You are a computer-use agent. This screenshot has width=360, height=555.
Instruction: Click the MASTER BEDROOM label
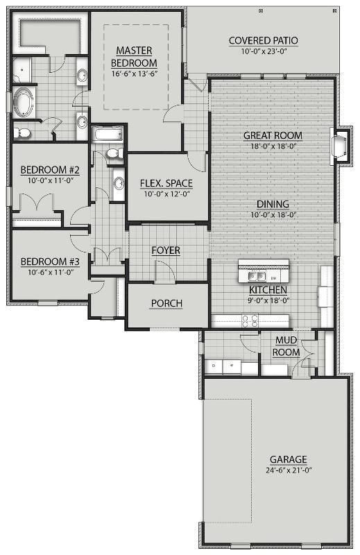(x=135, y=56)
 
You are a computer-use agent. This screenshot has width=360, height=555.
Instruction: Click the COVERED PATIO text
(x=263, y=41)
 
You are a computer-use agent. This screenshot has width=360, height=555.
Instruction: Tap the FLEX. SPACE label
(x=166, y=183)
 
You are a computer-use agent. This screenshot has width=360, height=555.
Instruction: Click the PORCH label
(x=166, y=303)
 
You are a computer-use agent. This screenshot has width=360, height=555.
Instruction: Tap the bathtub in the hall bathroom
(x=108, y=134)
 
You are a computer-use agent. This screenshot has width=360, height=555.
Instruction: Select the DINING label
(x=273, y=204)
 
